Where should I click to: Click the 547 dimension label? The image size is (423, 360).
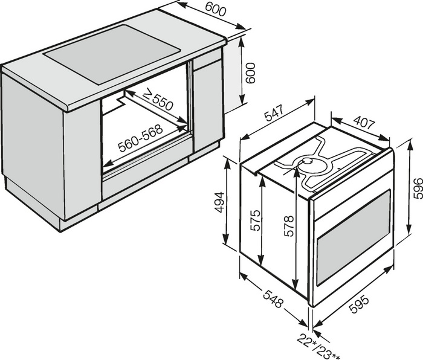(274, 113)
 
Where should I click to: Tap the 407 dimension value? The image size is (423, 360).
(364, 122)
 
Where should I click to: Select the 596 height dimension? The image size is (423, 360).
(418, 188)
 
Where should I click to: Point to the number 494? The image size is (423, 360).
(219, 202)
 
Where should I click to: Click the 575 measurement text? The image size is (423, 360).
(255, 220)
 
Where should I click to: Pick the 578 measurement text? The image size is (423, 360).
(288, 226)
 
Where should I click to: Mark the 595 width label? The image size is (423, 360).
(360, 304)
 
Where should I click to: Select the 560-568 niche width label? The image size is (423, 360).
(141, 138)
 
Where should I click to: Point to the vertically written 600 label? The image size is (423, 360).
(251, 73)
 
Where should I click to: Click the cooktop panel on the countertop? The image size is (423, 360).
(112, 54)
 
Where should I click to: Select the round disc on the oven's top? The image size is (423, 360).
(307, 161)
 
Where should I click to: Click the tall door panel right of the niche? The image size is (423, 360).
(208, 106)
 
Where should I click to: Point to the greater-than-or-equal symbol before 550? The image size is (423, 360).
(147, 94)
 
